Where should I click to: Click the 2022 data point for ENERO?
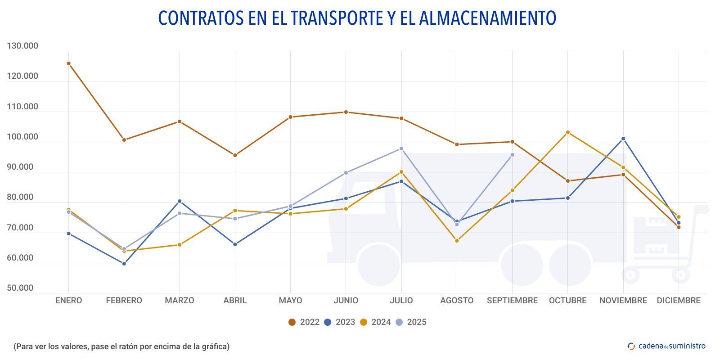68,63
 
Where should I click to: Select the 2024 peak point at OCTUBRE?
568,132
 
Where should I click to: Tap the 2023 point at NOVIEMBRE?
623,139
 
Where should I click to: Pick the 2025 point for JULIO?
401,148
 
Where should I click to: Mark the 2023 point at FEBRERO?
124,264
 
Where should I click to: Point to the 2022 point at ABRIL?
235,155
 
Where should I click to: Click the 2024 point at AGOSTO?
457,241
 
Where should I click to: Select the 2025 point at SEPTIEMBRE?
512,155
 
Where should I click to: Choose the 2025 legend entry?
411,322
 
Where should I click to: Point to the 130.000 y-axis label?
22,46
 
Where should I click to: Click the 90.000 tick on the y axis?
20,167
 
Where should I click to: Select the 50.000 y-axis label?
20,288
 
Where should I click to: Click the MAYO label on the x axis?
290,301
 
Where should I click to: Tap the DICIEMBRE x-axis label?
679,301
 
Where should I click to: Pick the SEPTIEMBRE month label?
512,301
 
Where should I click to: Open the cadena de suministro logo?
666,346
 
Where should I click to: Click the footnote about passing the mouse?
121,346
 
